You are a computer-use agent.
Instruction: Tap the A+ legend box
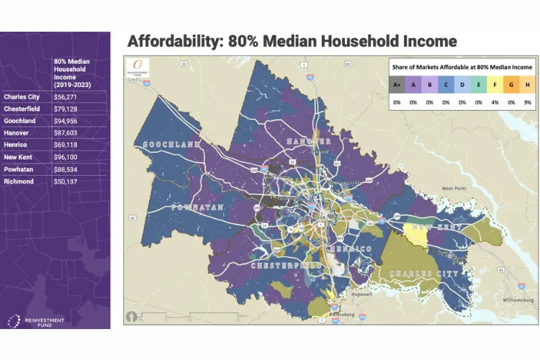[x=397, y=85]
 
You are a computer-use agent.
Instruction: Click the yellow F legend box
[x=495, y=85]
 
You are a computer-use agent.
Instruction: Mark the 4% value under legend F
[x=495, y=102]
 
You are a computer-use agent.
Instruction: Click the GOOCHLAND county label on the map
[x=172, y=145]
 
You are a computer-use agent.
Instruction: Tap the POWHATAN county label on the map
[x=199, y=207]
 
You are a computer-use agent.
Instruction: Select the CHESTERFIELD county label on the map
[x=285, y=266]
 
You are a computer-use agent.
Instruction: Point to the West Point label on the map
[x=455, y=188]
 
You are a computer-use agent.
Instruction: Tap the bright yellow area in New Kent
[x=416, y=234]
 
